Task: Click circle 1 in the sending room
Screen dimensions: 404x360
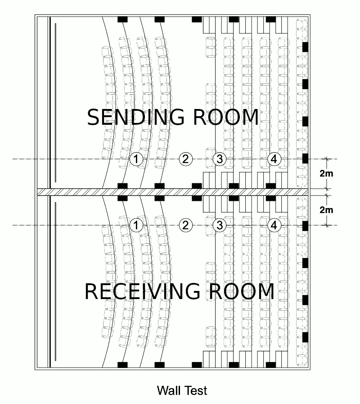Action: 136,159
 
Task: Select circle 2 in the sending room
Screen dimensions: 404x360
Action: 185,159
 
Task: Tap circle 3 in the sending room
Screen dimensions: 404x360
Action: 219,159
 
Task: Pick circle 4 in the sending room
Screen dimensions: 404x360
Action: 274,159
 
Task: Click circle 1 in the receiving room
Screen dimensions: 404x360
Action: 136,225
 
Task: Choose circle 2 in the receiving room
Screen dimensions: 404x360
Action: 185,225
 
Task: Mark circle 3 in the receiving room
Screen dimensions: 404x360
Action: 219,225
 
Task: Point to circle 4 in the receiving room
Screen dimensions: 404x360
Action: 274,225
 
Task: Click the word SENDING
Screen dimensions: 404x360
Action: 135,118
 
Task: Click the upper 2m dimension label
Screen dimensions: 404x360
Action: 326,174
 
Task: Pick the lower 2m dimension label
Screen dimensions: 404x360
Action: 326,209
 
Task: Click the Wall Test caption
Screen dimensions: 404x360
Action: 182,390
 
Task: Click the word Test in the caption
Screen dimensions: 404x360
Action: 196,390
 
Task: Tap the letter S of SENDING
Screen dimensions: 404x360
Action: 94,118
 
